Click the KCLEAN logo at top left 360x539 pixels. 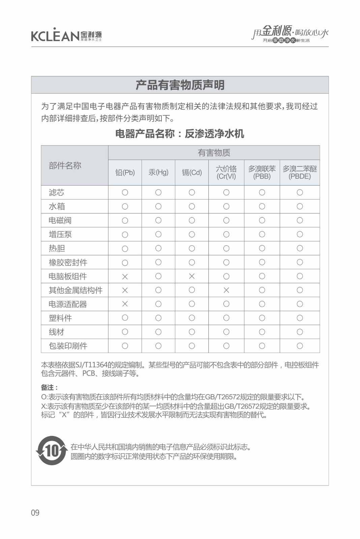coord(66,35)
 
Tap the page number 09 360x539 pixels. coord(35,513)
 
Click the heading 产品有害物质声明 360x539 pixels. coord(180,85)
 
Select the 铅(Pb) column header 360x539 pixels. coord(125,172)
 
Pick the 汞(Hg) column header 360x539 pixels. coord(158,172)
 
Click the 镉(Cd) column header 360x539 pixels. coord(192,172)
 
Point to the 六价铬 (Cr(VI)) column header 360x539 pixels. coord(226,172)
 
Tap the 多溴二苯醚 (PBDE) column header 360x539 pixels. coord(300,172)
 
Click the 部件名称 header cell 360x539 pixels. coord(65,165)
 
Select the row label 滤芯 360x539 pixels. coord(56,192)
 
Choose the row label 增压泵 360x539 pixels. coord(60,234)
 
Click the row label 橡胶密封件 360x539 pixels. coord(68,262)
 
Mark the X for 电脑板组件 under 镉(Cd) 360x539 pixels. coord(192,276)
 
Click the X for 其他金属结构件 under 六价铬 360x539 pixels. coord(226,290)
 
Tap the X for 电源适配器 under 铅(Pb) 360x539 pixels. coord(125,304)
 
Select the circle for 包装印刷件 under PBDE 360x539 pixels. coord(300,346)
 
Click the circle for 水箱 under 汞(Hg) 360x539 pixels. coord(158,207)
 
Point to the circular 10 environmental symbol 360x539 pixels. coord(52,451)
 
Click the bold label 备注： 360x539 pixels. coord(49,387)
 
